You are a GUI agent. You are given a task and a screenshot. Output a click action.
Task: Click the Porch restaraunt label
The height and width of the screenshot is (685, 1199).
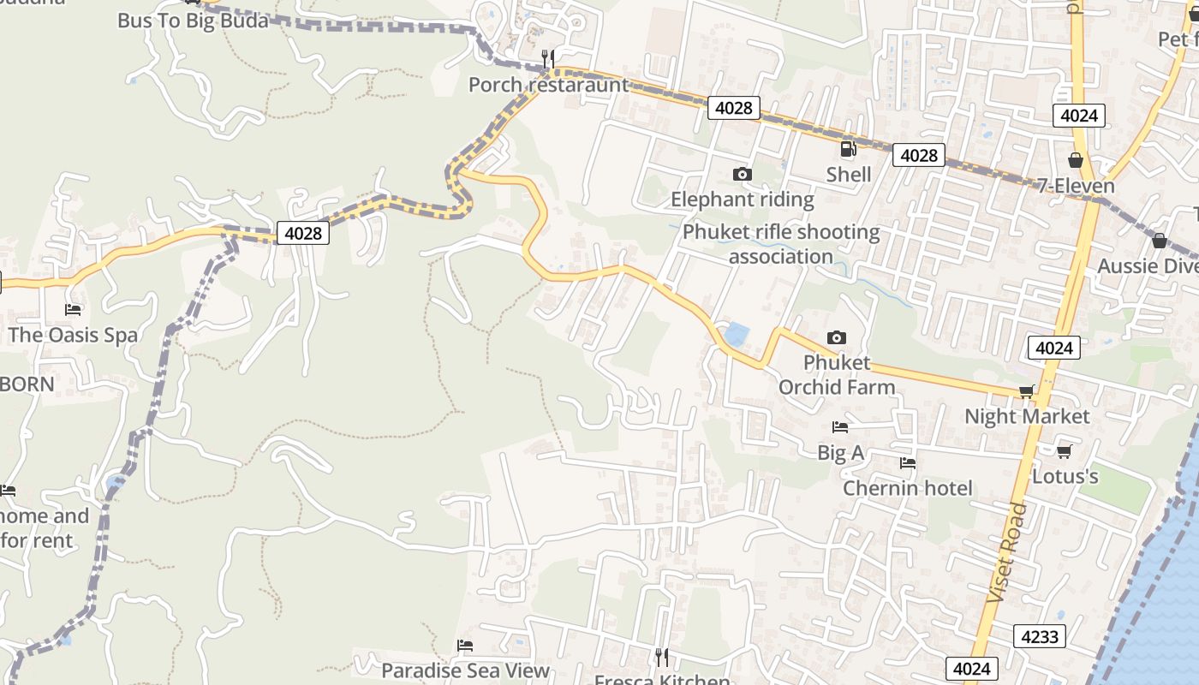(548, 85)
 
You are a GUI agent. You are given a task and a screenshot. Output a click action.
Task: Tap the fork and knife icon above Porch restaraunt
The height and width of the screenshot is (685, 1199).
(548, 58)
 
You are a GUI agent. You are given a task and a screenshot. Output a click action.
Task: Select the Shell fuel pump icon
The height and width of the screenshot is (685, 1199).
(848, 149)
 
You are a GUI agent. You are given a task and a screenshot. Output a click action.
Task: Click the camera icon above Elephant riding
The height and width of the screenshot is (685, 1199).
(743, 174)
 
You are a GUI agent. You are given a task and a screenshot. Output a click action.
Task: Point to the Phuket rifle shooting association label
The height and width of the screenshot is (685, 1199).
(780, 244)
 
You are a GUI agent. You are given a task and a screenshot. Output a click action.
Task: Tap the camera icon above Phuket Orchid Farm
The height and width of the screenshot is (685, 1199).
(837, 337)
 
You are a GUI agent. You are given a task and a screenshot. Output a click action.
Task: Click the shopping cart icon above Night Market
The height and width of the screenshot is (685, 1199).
(1026, 391)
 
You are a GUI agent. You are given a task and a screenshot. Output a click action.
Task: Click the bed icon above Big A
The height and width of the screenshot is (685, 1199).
(839, 426)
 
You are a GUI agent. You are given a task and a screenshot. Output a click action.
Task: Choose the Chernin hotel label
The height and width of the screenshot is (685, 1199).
(907, 488)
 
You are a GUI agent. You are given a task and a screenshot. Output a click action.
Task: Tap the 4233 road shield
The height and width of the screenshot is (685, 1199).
(1041, 636)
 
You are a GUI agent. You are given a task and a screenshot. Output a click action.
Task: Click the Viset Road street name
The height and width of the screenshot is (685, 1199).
(1006, 552)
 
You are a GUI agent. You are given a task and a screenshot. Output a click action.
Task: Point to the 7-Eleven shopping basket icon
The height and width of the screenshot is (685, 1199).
(1076, 160)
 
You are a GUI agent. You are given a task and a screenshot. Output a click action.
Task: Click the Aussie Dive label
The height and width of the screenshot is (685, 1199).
(1148, 266)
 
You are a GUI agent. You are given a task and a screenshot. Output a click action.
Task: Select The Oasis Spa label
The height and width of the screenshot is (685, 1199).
(73, 335)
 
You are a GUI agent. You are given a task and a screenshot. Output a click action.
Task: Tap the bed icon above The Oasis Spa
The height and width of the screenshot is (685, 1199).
(73, 308)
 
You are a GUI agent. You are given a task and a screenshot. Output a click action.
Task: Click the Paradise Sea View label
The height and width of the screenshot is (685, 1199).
(465, 670)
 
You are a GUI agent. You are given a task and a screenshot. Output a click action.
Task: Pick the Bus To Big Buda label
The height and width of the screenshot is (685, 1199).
(193, 21)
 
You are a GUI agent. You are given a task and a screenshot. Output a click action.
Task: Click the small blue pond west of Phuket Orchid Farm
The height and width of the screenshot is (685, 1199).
(735, 335)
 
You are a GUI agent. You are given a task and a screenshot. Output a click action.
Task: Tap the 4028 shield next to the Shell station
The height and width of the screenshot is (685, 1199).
(918, 155)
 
